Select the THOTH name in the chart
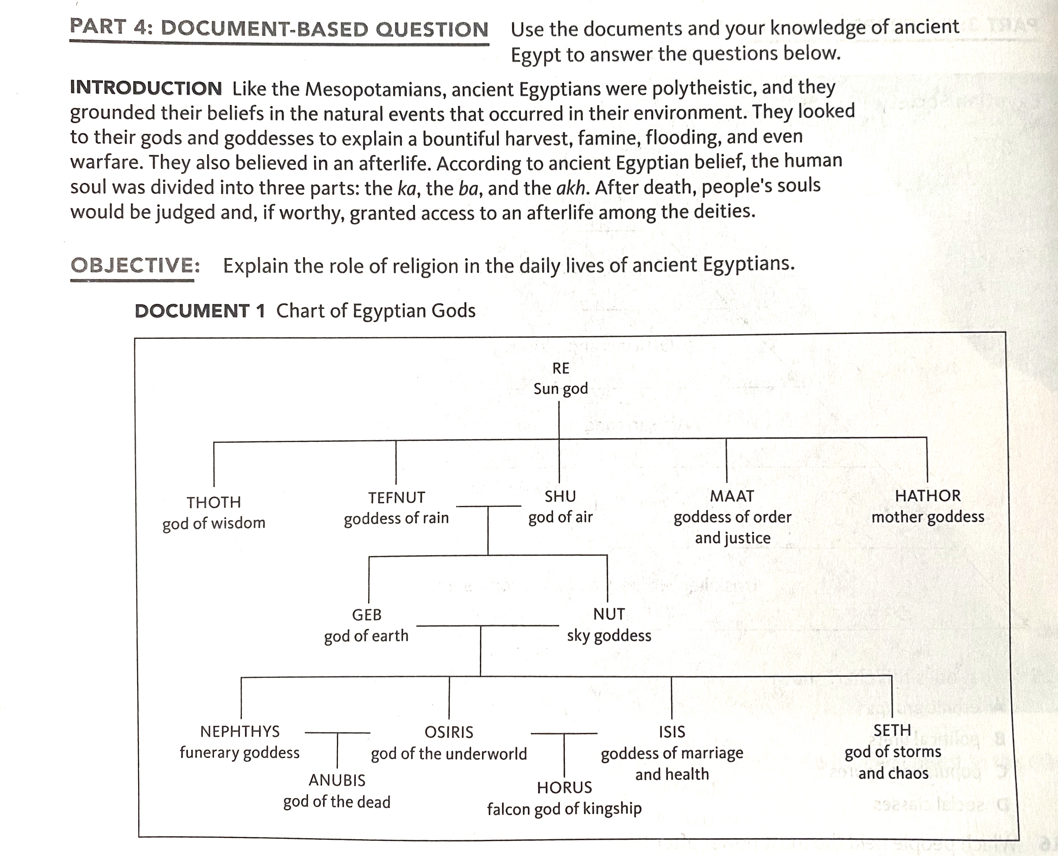(x=213, y=503)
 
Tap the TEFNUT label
(x=396, y=497)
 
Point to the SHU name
(x=560, y=496)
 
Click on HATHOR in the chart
(x=928, y=495)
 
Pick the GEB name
(x=367, y=615)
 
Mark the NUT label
(x=609, y=615)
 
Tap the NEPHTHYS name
(x=240, y=731)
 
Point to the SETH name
(x=892, y=730)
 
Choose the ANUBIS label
(x=337, y=780)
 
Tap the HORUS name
(x=564, y=788)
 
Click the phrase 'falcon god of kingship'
(x=564, y=809)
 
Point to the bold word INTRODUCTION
(x=146, y=88)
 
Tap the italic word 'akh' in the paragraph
(x=571, y=188)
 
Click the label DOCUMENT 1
(x=200, y=311)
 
